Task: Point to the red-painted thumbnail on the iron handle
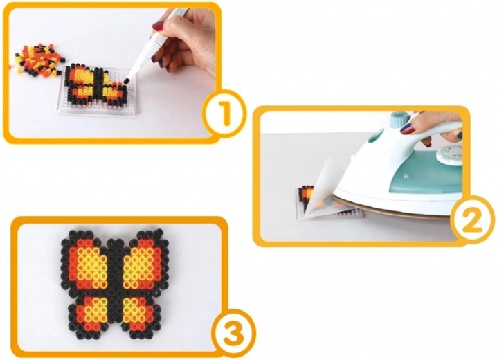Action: (x=407, y=128)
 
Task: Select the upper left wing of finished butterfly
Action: (x=84, y=263)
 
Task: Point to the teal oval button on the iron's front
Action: (x=373, y=138)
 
